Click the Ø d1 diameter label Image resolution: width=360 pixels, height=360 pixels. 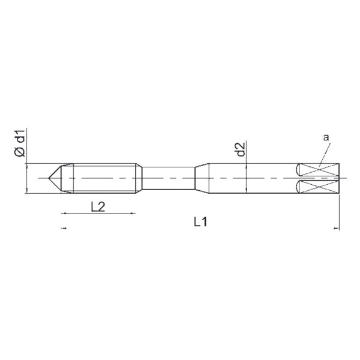coord(20,143)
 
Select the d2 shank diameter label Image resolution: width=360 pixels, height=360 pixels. coord(241,149)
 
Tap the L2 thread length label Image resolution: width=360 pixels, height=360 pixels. coord(98,207)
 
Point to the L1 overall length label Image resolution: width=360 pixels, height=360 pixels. coord(200,222)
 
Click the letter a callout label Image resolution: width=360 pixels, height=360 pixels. coord(326,137)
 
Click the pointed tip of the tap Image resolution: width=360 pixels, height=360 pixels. coord(49,178)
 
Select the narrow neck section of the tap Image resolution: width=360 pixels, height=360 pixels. coord(169,178)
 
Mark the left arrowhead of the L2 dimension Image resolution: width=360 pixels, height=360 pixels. coord(64,214)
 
